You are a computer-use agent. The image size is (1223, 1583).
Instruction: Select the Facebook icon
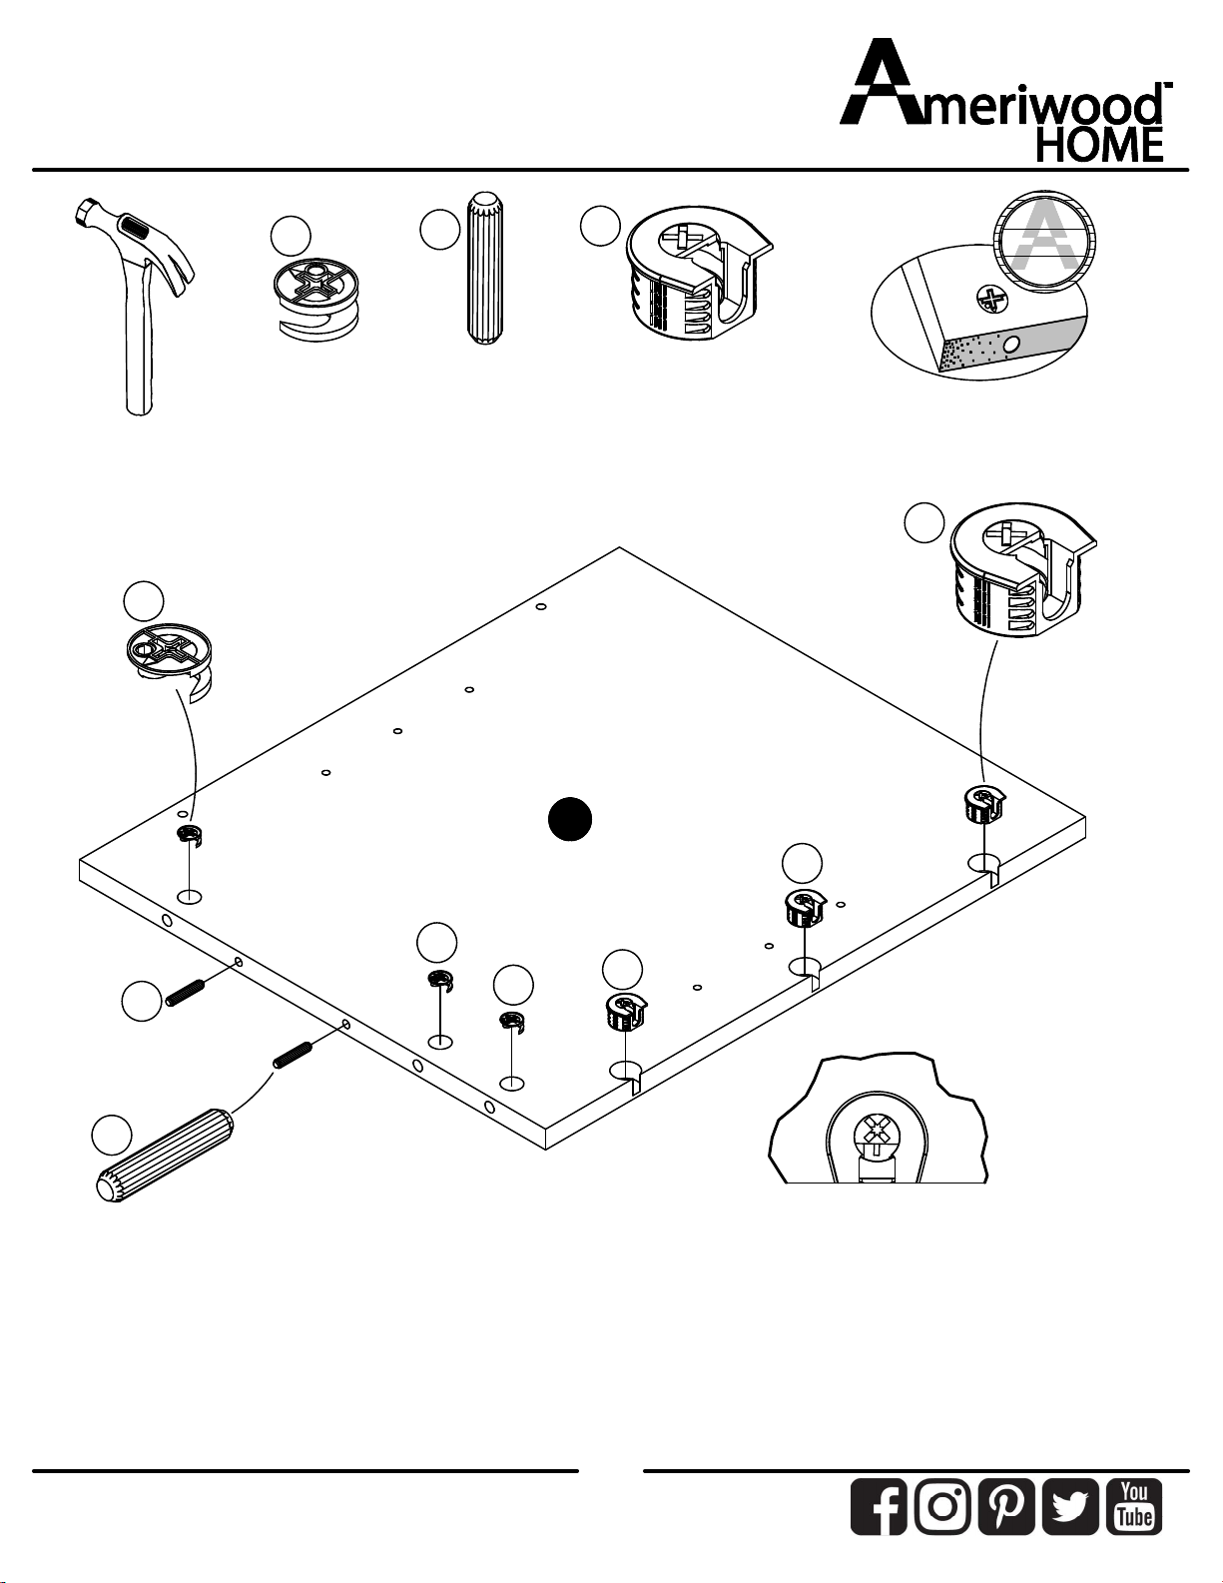coord(879,1506)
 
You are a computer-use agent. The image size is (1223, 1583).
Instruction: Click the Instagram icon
coord(942,1506)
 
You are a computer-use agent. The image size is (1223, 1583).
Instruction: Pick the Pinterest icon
coord(1006,1506)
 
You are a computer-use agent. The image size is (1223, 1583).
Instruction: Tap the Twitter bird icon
coord(1070,1506)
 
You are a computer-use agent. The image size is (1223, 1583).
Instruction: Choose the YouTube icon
coord(1135,1506)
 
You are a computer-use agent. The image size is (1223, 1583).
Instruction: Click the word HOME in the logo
coord(1099,146)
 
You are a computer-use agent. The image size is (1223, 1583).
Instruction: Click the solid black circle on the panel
coord(570,819)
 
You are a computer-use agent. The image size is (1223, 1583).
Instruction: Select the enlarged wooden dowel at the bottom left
coord(166,1153)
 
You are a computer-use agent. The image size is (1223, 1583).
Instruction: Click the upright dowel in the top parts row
coord(485,268)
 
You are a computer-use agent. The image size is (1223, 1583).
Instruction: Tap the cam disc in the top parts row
coord(313,299)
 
